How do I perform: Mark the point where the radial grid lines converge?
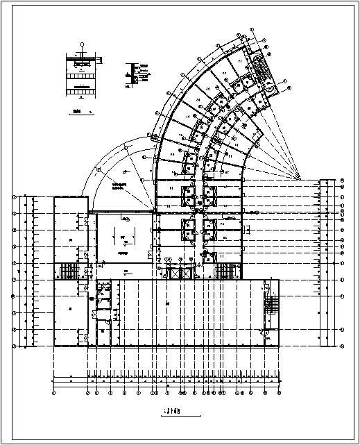pos(300,178)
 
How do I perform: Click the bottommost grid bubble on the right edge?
pos(343,345)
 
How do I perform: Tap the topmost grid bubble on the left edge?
pos(14,198)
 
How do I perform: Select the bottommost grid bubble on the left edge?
pos(14,345)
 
